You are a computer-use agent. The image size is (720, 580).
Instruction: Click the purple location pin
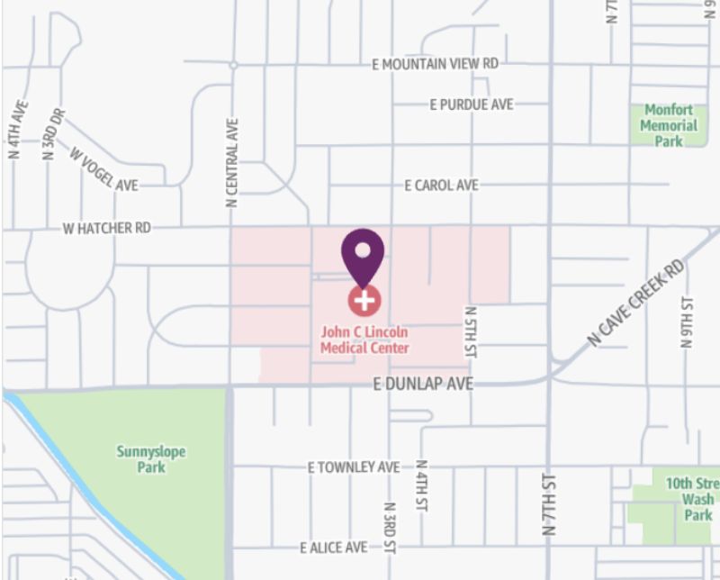click(x=363, y=253)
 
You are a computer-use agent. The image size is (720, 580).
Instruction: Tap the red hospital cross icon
click(x=364, y=300)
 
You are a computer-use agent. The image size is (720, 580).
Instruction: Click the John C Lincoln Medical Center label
click(x=364, y=340)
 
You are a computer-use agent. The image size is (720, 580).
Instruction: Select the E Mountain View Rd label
click(x=435, y=65)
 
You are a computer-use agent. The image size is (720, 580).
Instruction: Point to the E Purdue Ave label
click(x=471, y=104)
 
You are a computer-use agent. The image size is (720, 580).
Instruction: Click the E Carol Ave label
click(x=441, y=185)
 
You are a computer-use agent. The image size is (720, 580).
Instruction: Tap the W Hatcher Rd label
click(x=106, y=229)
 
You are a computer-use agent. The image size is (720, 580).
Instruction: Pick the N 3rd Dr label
click(x=53, y=134)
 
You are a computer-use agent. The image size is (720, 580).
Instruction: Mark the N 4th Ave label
click(x=17, y=130)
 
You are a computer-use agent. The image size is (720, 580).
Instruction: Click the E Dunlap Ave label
click(x=422, y=385)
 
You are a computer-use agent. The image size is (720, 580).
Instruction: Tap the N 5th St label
click(x=471, y=332)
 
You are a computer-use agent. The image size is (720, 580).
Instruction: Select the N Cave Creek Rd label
click(x=635, y=303)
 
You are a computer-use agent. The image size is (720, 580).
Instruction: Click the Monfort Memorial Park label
click(x=669, y=126)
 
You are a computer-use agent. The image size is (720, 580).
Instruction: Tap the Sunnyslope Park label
click(x=150, y=459)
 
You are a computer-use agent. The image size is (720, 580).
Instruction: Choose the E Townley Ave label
click(x=354, y=467)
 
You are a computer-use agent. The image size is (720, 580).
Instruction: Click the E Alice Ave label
click(x=334, y=548)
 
